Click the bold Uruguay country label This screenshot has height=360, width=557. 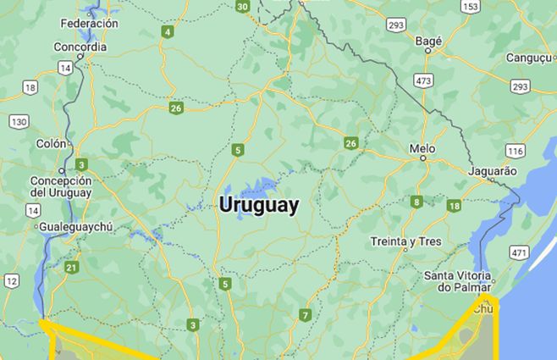click(258, 205)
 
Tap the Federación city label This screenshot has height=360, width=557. click(89, 24)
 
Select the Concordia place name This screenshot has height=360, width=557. click(80, 47)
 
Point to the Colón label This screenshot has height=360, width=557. click(51, 143)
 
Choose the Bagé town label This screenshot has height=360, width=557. click(429, 40)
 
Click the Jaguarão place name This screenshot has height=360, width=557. click(492, 170)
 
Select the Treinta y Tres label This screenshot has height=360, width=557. click(405, 241)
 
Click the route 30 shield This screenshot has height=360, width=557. click(243, 7)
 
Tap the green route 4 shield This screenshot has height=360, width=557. click(168, 32)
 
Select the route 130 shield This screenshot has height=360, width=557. click(19, 121)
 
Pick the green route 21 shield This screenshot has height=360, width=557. click(71, 268)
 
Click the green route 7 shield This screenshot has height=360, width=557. click(305, 315)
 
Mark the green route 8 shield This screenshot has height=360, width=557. click(416, 202)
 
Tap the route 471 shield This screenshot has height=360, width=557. click(519, 252)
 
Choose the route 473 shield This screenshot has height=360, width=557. click(424, 80)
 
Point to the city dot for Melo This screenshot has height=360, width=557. click(422, 158)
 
